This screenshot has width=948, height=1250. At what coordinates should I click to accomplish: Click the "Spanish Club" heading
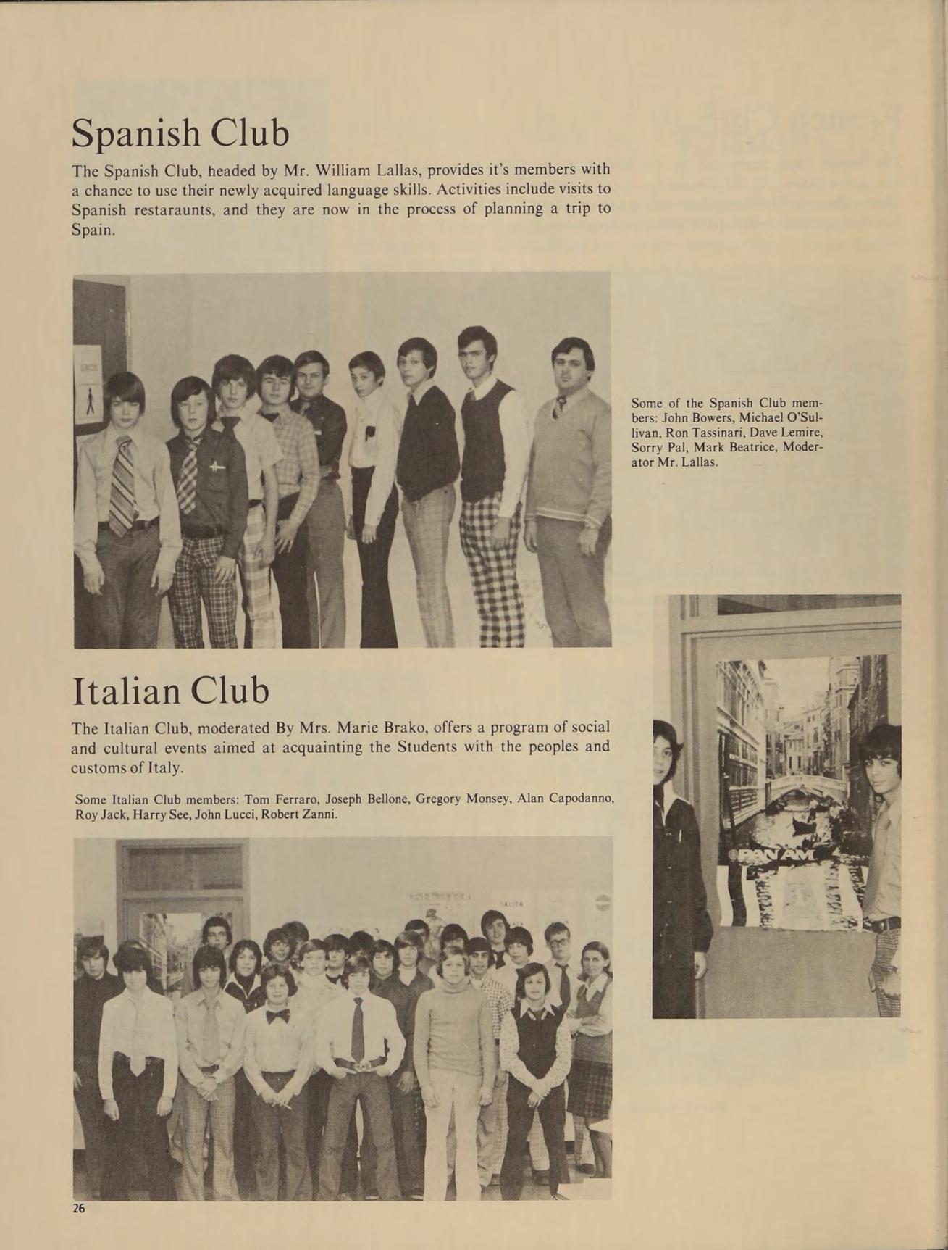[180, 133]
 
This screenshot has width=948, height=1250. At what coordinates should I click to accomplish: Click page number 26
[79, 1208]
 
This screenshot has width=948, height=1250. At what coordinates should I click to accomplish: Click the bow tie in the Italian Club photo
[277, 1016]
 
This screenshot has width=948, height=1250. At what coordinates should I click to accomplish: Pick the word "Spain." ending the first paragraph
[93, 230]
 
